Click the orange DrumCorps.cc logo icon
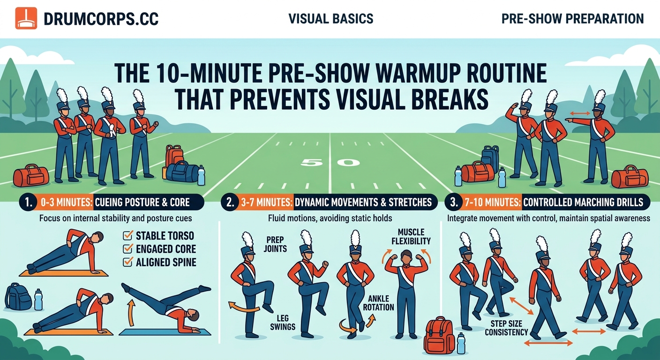click(x=26, y=19)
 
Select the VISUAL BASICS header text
click(x=331, y=19)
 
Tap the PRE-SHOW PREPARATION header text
click(x=572, y=19)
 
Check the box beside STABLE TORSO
click(x=127, y=235)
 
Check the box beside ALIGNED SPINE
click(x=127, y=262)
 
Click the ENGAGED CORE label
click(x=165, y=249)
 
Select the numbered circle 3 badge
click(x=453, y=202)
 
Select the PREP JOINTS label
click(x=275, y=244)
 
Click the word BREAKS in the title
click(x=438, y=99)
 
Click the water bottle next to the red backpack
click(x=461, y=343)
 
